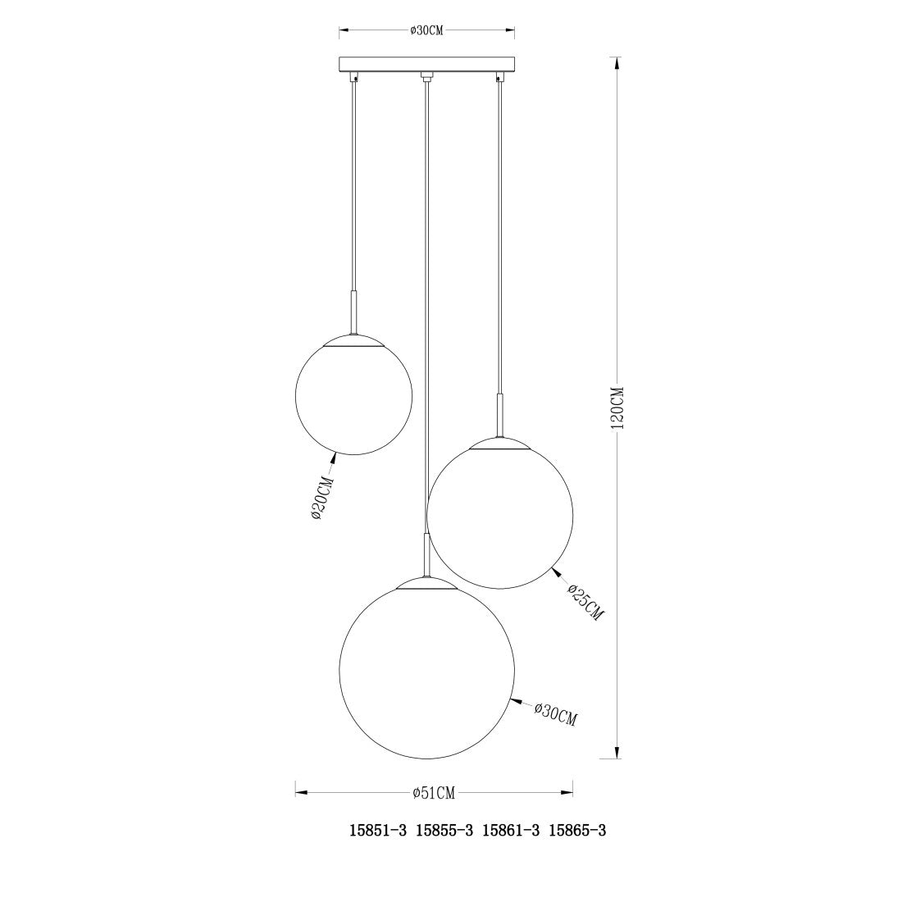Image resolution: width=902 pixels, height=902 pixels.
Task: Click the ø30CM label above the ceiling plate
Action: (426, 31)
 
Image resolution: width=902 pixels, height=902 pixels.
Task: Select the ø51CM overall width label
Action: (434, 792)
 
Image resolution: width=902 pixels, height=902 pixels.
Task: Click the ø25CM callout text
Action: (585, 601)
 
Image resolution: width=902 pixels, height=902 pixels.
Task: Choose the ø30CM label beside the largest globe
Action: (555, 713)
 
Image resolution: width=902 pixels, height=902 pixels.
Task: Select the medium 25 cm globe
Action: (500, 515)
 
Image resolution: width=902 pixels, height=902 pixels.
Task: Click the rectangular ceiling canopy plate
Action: (426, 64)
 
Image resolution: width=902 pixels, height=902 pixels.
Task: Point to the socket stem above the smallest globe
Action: (353, 312)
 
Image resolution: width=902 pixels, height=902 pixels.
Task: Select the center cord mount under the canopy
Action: (426, 79)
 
